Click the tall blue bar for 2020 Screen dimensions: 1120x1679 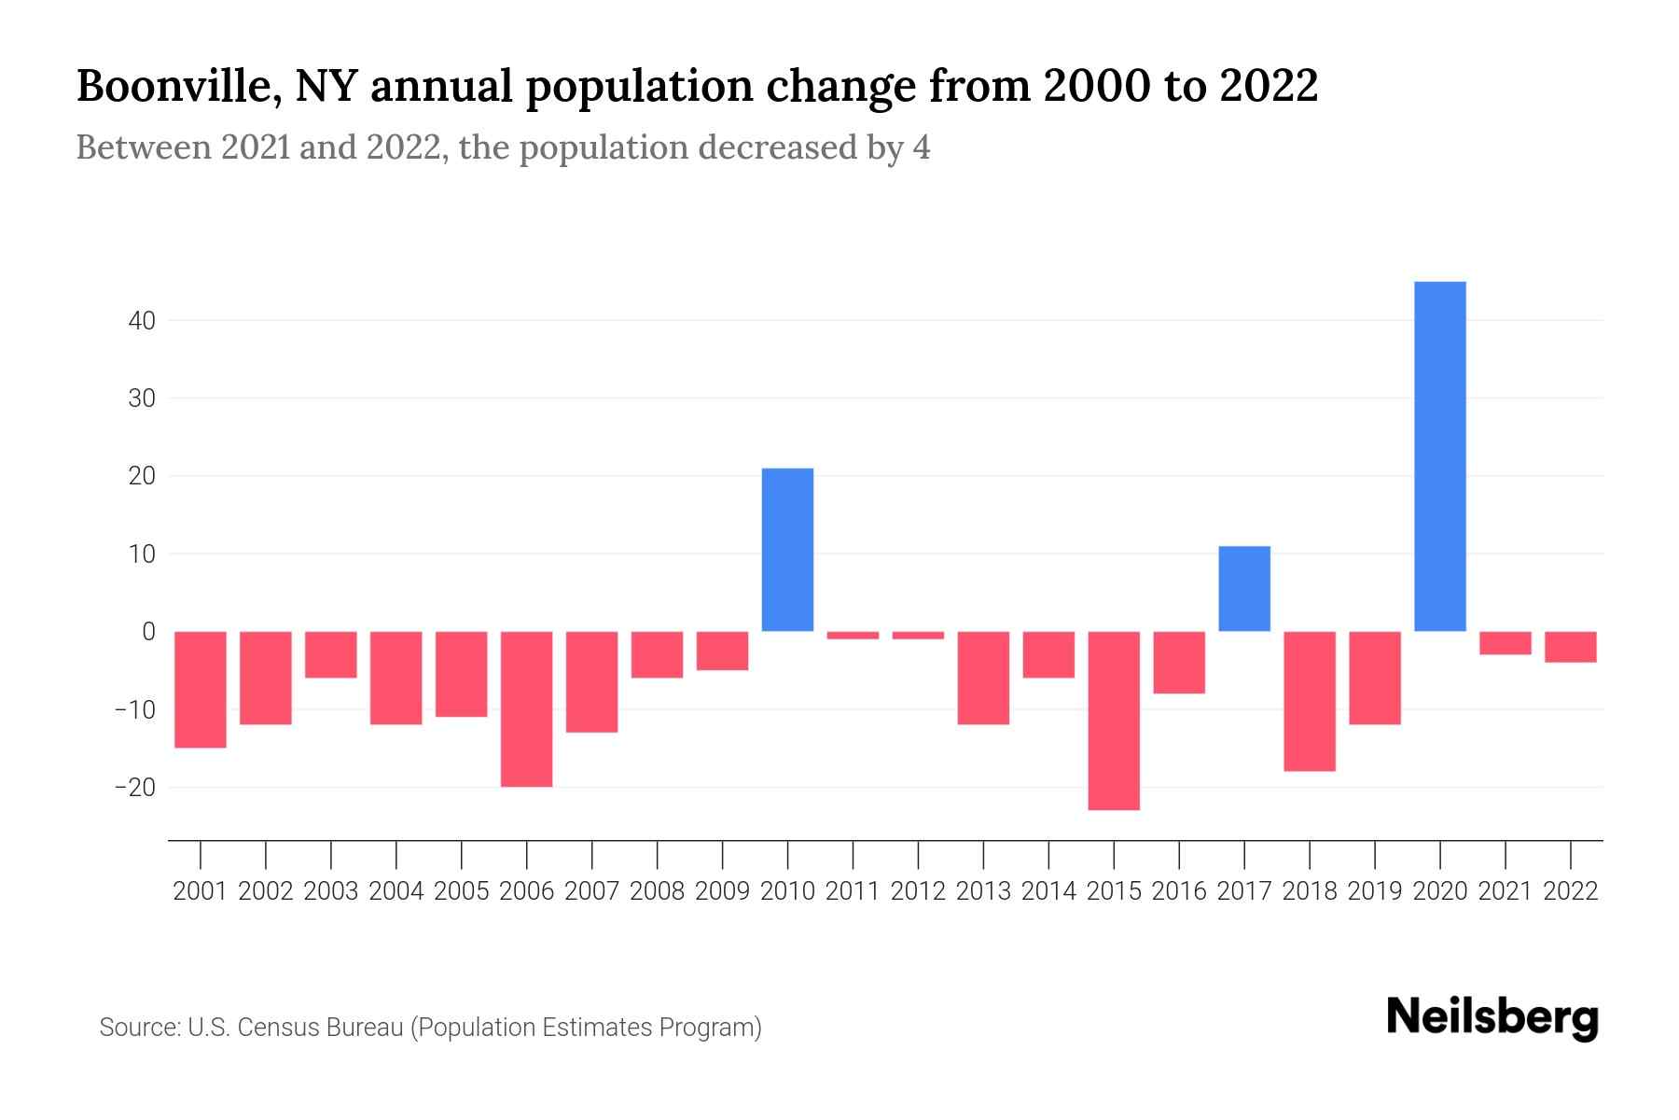(x=1439, y=456)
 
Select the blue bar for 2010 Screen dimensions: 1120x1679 (x=787, y=550)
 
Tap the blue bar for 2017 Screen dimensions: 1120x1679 (x=1243, y=589)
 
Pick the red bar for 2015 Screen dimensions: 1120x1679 (x=1114, y=721)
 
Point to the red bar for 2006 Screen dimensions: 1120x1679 (x=527, y=709)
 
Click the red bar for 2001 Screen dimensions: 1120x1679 (x=201, y=690)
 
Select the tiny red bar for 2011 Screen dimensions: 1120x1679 (x=853, y=636)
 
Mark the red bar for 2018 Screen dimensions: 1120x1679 (x=1309, y=701)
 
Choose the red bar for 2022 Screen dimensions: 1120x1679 (x=1570, y=647)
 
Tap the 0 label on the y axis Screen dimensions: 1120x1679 (x=148, y=632)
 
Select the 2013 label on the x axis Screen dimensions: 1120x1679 (x=983, y=891)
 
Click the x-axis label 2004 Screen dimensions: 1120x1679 (x=396, y=891)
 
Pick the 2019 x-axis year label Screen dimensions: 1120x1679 (x=1374, y=891)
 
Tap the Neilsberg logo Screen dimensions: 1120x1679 (x=1492, y=1017)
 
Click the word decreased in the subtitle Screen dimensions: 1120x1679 (x=777, y=148)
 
